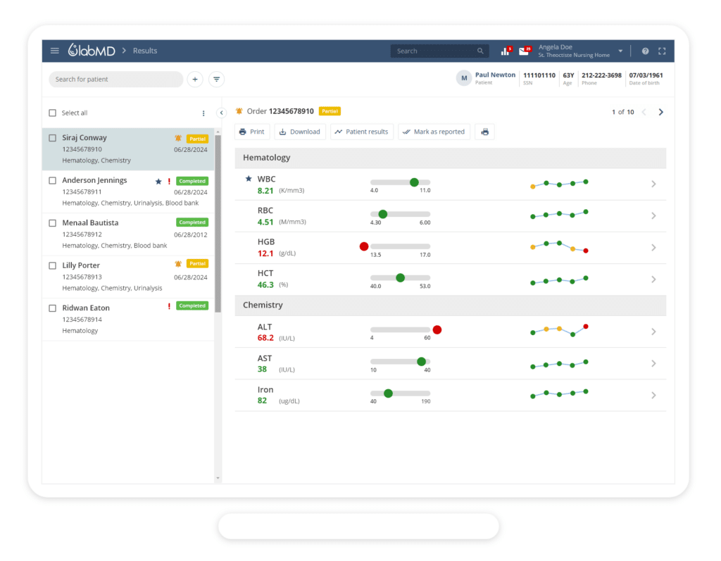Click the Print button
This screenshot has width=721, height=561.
click(251, 132)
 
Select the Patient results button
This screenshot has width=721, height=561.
click(361, 132)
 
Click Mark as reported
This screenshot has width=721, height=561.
click(434, 132)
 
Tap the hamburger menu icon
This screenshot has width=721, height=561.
click(55, 51)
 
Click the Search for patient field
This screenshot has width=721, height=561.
click(115, 80)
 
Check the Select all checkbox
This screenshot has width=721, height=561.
click(53, 113)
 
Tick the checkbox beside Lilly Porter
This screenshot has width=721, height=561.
click(53, 265)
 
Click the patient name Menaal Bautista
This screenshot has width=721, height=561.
click(90, 222)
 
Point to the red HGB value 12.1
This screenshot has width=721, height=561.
click(265, 253)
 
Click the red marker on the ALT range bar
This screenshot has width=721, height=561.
click(437, 329)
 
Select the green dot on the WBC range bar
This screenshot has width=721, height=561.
click(414, 182)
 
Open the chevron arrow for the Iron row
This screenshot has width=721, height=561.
click(653, 395)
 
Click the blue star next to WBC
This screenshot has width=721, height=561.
click(248, 179)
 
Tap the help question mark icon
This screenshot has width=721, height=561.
click(645, 51)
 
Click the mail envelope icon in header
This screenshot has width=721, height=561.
click(523, 51)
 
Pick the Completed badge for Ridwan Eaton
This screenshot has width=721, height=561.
click(192, 306)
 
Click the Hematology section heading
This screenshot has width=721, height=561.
click(267, 158)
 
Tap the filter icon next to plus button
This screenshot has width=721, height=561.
click(217, 80)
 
